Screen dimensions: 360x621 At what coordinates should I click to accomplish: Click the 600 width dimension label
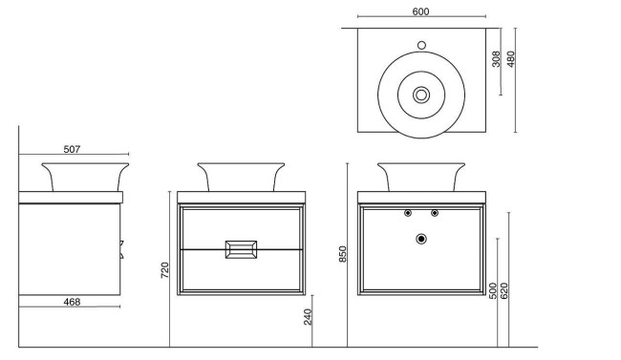[420, 11]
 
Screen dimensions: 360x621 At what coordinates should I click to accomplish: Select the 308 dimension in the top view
[496, 59]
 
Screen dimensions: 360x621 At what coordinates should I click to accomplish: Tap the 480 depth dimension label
[511, 59]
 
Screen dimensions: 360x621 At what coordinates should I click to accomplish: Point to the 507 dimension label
[73, 148]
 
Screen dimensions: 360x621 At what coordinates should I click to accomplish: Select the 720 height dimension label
[164, 270]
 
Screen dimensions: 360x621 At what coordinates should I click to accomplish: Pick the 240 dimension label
[309, 317]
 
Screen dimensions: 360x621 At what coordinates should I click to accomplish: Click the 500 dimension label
[493, 291]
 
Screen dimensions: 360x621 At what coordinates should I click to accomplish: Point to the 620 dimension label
[504, 291]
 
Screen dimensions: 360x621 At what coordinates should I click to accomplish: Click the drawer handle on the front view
[240, 249]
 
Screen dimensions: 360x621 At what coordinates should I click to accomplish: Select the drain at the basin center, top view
[421, 95]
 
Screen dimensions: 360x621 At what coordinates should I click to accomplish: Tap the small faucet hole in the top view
[421, 44]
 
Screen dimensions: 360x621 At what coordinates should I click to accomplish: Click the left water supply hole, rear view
[408, 213]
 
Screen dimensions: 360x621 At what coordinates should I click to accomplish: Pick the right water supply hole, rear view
[435, 213]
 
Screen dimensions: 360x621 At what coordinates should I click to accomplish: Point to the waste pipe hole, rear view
[421, 239]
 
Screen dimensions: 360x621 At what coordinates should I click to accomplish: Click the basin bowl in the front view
[241, 177]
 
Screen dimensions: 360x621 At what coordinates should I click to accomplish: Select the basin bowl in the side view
[84, 177]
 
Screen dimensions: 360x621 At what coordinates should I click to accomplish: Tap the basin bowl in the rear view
[421, 177]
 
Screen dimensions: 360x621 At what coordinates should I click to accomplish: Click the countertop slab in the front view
[241, 198]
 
